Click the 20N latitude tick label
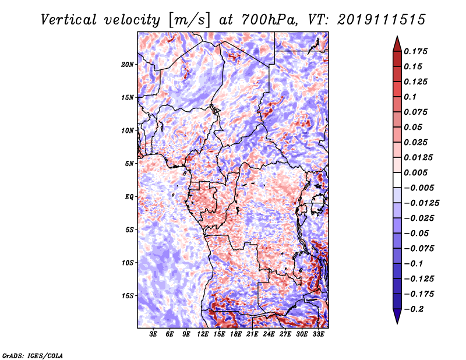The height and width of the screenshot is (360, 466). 127,65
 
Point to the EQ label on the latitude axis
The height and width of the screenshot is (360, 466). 129,197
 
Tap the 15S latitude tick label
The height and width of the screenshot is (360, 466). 127,296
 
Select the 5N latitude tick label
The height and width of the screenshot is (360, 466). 129,164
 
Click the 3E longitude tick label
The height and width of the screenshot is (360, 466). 153,334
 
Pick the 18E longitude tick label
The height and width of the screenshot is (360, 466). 235,334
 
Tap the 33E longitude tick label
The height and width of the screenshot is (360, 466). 318,334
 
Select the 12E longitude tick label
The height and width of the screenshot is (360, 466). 202,334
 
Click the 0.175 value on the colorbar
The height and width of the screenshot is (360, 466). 415,51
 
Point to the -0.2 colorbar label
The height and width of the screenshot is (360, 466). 414,309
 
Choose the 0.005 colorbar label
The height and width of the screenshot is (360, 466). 415,172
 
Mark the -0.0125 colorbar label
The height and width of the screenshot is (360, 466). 421,203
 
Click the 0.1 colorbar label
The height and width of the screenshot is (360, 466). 410,97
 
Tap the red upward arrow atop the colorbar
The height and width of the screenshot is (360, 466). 397,44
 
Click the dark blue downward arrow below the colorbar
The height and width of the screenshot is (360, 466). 397,316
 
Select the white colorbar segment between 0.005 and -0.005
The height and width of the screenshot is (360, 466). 397,180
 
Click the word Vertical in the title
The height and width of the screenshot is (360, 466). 69,20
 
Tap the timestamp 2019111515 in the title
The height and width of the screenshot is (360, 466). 382,20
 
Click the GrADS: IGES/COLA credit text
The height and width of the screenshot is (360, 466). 33,355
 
